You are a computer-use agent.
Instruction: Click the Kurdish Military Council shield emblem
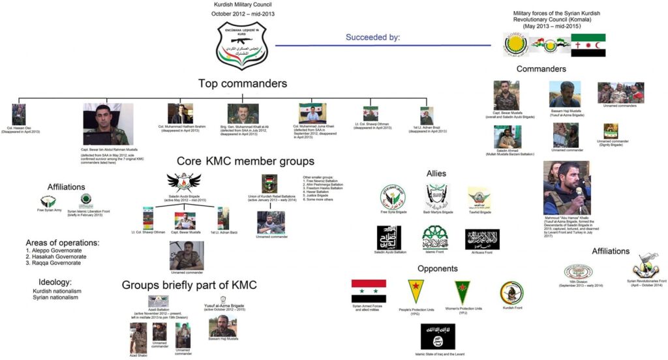click(242, 44)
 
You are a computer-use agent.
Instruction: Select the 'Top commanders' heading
click(243, 83)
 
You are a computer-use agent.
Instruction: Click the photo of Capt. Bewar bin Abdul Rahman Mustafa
click(108, 124)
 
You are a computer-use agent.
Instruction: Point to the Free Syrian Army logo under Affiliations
click(48, 202)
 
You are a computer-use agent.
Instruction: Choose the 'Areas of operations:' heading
click(62, 243)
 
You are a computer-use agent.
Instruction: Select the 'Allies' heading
click(436, 173)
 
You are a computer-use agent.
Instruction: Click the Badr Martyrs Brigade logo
click(437, 196)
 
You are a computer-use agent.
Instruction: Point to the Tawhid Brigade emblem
click(479, 198)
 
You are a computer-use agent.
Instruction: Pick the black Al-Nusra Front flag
click(482, 239)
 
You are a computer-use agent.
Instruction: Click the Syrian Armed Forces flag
click(369, 291)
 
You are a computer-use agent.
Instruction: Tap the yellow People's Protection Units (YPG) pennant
click(416, 292)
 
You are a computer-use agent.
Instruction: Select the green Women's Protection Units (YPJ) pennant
click(463, 292)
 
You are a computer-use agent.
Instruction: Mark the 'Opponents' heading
click(438, 269)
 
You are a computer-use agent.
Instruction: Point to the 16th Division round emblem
click(577, 273)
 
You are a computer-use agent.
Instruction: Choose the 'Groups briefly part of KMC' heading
click(189, 285)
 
